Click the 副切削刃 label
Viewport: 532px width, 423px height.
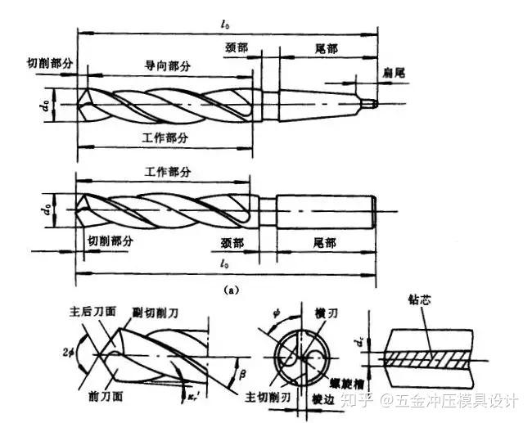click(x=177, y=312)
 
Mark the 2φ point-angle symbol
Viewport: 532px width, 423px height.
click(x=68, y=353)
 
